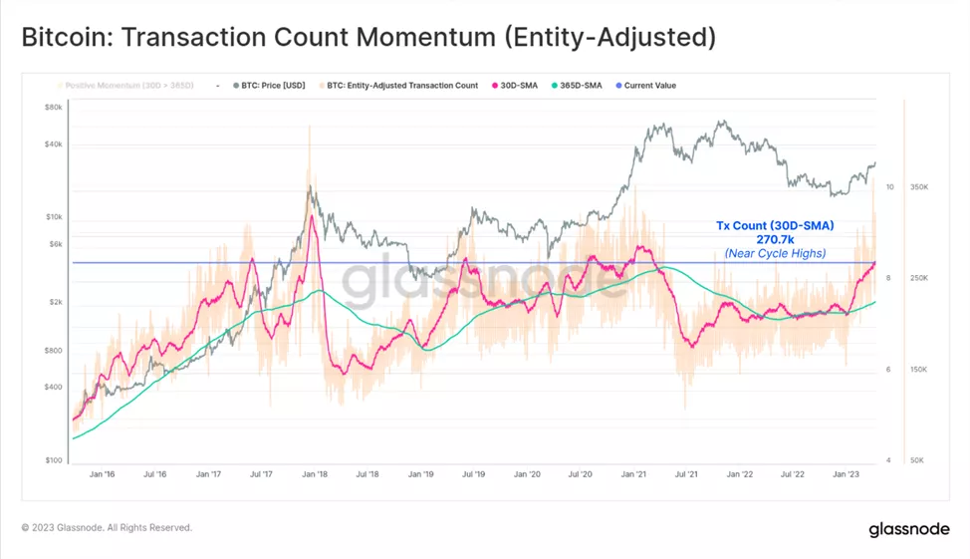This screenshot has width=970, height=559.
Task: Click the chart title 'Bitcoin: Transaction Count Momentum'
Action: tap(368, 39)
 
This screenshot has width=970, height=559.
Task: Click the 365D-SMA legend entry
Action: tap(577, 86)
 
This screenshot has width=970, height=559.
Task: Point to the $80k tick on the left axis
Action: tap(54, 108)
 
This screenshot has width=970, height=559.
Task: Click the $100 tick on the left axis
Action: tap(54, 461)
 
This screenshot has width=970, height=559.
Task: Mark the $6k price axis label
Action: tap(55, 244)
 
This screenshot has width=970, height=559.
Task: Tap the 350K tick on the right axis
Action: tap(919, 187)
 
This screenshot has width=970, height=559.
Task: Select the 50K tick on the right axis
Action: tap(917, 461)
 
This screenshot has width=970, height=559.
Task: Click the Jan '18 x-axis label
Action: tap(315, 475)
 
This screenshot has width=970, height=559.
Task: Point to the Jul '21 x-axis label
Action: tap(686, 475)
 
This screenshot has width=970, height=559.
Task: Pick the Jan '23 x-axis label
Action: tap(846, 475)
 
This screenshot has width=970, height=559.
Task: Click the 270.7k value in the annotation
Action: tap(775, 240)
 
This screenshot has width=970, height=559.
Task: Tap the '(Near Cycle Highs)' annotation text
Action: tap(775, 254)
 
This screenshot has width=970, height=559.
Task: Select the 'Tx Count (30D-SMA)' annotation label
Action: tap(775, 226)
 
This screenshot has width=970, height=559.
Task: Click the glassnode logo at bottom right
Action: tap(908, 529)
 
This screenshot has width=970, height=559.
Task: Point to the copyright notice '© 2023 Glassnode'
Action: tap(107, 528)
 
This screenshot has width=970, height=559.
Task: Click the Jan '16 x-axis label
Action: tap(102, 475)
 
